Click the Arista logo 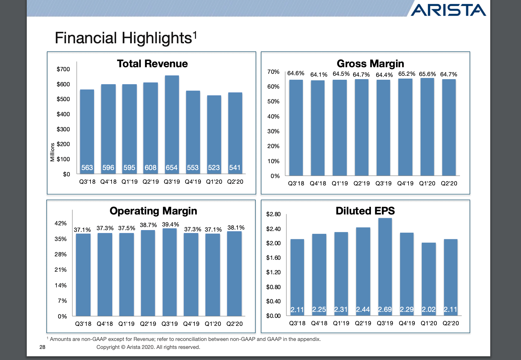point(448,10)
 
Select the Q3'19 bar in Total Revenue point(172,120)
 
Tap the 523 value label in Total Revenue point(214,168)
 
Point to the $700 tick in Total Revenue point(63,69)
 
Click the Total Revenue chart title point(152,64)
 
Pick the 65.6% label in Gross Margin point(427,74)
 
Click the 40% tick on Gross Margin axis point(273,116)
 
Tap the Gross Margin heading point(370,64)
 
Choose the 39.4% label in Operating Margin point(171,224)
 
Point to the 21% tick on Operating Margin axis point(61,270)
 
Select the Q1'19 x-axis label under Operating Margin point(126,324)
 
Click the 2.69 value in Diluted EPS point(385,310)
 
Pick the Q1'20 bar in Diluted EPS point(429,276)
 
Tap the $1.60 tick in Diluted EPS point(273,258)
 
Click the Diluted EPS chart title point(365,211)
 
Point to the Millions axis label point(52,152)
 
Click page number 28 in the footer point(42,347)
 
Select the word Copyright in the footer point(108,347)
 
